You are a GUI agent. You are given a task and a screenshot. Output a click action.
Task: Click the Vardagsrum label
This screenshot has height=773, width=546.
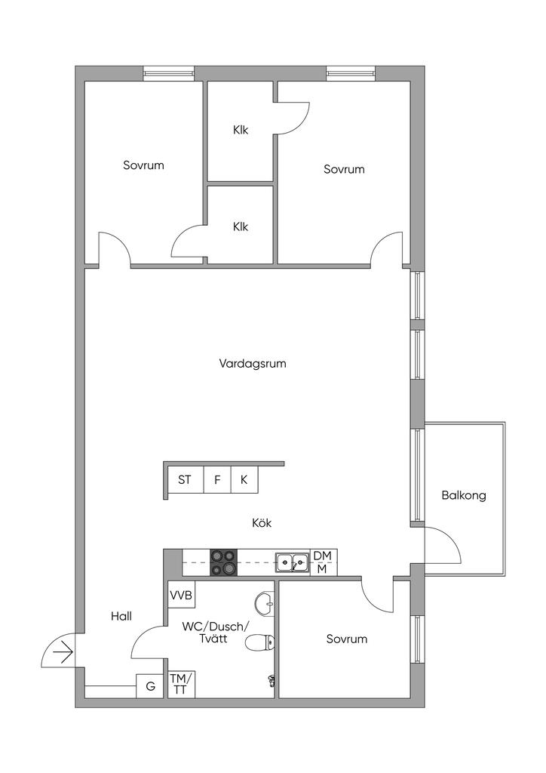253,363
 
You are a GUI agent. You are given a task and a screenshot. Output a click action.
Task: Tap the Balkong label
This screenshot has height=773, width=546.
464,496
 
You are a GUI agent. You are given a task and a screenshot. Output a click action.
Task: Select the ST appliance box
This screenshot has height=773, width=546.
185,479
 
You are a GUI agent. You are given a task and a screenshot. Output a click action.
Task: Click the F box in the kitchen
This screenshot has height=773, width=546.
217,479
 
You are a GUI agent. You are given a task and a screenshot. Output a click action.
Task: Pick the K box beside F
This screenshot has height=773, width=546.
244,479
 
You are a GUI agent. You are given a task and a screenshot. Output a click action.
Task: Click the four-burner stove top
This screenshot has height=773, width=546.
222,562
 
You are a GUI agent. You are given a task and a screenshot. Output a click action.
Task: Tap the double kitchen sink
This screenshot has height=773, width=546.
291,562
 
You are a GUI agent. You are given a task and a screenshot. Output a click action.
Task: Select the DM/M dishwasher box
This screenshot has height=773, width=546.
323,562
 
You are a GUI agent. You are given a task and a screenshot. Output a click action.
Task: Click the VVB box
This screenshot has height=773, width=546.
181,596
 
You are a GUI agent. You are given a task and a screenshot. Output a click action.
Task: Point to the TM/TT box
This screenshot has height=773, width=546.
180,684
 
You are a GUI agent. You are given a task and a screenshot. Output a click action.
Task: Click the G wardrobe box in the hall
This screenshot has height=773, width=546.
150,686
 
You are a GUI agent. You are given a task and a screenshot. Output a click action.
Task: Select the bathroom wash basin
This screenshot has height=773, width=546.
264,603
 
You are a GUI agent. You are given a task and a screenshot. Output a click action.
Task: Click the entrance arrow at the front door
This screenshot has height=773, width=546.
63,651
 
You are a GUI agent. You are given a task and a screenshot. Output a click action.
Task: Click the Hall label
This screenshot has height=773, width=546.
121,616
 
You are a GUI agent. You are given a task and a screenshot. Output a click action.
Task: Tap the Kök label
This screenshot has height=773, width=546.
262,522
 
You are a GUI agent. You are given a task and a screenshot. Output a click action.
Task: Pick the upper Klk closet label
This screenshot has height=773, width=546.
241,130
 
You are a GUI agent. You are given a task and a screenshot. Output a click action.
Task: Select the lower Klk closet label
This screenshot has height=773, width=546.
241,226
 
